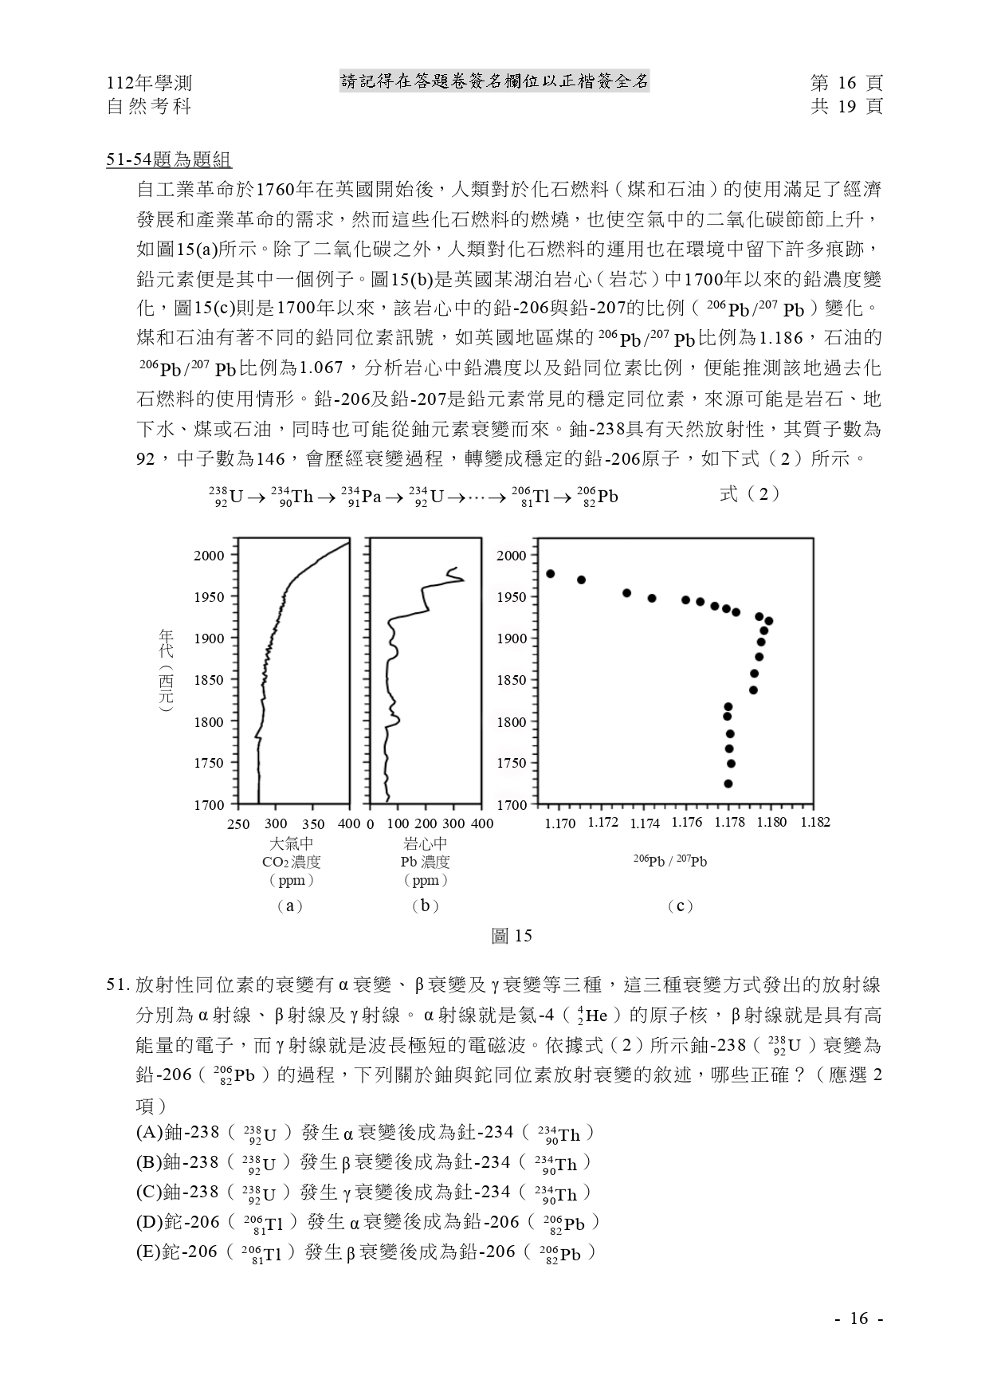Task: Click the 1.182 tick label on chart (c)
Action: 814,823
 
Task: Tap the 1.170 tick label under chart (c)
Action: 559,823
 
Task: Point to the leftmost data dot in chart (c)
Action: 550,574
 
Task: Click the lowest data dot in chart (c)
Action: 728,784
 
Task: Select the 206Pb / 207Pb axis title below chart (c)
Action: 670,861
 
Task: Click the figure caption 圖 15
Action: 512,936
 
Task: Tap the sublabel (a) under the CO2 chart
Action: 289,906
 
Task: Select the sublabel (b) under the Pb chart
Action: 425,906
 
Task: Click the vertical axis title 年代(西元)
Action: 166,670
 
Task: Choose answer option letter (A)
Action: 148,1133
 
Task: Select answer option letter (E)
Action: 148,1252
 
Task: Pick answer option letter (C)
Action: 148,1193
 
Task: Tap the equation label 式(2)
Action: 748,494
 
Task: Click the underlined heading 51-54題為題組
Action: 169,160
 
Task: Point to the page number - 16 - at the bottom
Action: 858,1318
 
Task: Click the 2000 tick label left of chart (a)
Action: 209,556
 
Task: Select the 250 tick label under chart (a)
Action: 238,823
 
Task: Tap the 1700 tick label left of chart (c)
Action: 512,805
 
